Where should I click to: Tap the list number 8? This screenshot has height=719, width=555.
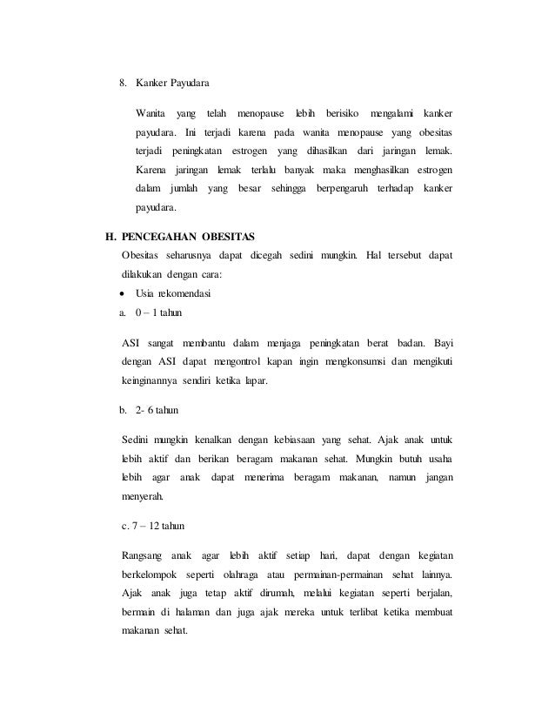click(x=123, y=84)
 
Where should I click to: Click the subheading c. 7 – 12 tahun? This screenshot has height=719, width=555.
click(x=154, y=527)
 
